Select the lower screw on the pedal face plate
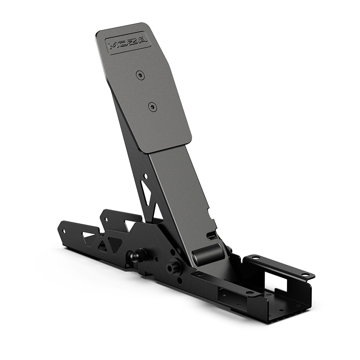tap(153, 107)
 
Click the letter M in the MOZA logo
tap(112, 45)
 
